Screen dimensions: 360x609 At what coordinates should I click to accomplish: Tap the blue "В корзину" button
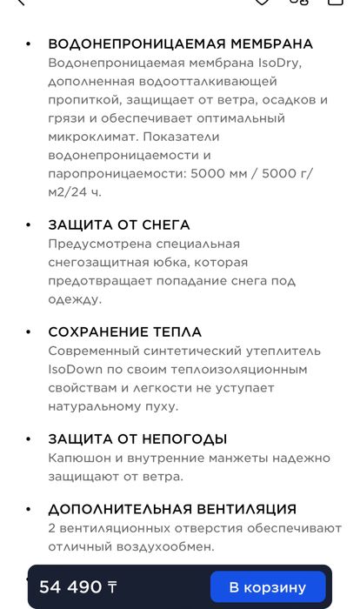[268, 587]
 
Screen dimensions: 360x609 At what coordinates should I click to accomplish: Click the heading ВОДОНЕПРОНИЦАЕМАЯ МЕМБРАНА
[180, 44]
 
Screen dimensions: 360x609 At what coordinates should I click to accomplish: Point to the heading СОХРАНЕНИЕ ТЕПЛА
[124, 331]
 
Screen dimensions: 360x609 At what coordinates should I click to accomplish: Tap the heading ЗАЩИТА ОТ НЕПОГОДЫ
[137, 438]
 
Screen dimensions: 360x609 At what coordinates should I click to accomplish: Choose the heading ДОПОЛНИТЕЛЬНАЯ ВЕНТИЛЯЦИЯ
[172, 509]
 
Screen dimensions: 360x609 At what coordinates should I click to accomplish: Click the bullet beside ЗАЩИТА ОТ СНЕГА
[29, 224]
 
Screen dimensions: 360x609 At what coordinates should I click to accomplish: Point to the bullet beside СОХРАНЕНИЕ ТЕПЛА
[29, 331]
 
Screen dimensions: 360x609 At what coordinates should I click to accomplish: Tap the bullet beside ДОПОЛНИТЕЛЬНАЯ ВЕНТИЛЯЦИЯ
[29, 509]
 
